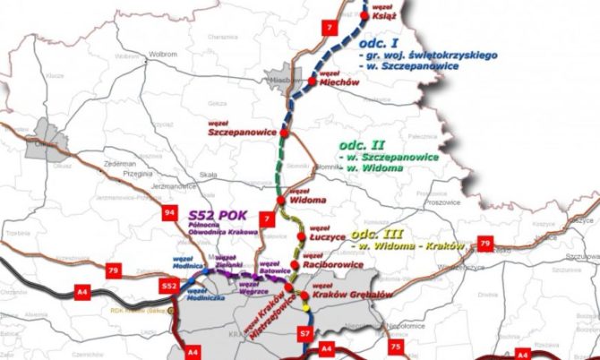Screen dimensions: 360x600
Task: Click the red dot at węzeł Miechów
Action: pyautogui.click(x=312, y=81)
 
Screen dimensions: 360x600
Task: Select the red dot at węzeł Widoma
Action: pyautogui.click(x=280, y=201)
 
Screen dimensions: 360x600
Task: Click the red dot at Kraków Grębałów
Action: pyautogui.click(x=305, y=296)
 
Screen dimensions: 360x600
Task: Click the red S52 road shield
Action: pyautogui.click(x=168, y=286)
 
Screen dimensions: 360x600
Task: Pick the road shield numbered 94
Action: pyautogui.click(x=144, y=213)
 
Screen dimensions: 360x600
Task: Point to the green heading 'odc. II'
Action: pyautogui.click(x=362, y=143)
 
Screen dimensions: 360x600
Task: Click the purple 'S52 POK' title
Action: pyautogui.click(x=217, y=216)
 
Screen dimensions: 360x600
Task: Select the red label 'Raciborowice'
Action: pyautogui.click(x=333, y=265)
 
